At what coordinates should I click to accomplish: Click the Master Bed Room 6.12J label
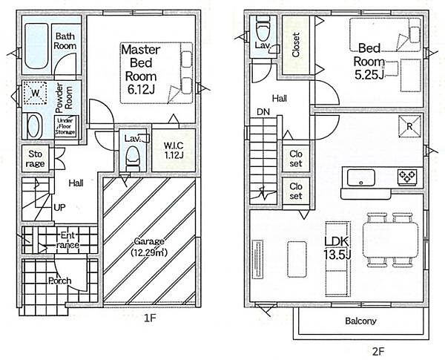(x=141, y=69)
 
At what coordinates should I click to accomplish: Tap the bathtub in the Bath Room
(x=36, y=46)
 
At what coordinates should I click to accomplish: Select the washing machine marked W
(x=35, y=93)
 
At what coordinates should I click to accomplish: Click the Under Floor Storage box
(x=65, y=126)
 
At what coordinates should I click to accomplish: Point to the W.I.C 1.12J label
(x=174, y=150)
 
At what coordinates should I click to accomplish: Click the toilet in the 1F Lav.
(x=133, y=157)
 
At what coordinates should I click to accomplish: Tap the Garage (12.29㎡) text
(x=149, y=246)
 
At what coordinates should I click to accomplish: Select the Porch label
(x=60, y=281)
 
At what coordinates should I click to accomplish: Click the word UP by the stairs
(x=59, y=207)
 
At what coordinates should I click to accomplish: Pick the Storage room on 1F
(x=36, y=159)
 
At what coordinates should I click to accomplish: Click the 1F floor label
(x=150, y=318)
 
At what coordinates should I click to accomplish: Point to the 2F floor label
(x=378, y=352)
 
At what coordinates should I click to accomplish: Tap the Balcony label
(x=360, y=321)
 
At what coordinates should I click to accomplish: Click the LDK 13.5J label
(x=337, y=248)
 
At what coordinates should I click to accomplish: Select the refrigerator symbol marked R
(x=409, y=126)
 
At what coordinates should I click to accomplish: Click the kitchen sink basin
(x=361, y=177)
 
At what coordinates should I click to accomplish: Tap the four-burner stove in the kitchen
(x=407, y=177)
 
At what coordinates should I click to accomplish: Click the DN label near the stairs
(x=263, y=112)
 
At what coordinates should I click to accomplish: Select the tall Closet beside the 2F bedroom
(x=296, y=45)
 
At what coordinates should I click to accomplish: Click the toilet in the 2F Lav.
(x=263, y=29)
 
